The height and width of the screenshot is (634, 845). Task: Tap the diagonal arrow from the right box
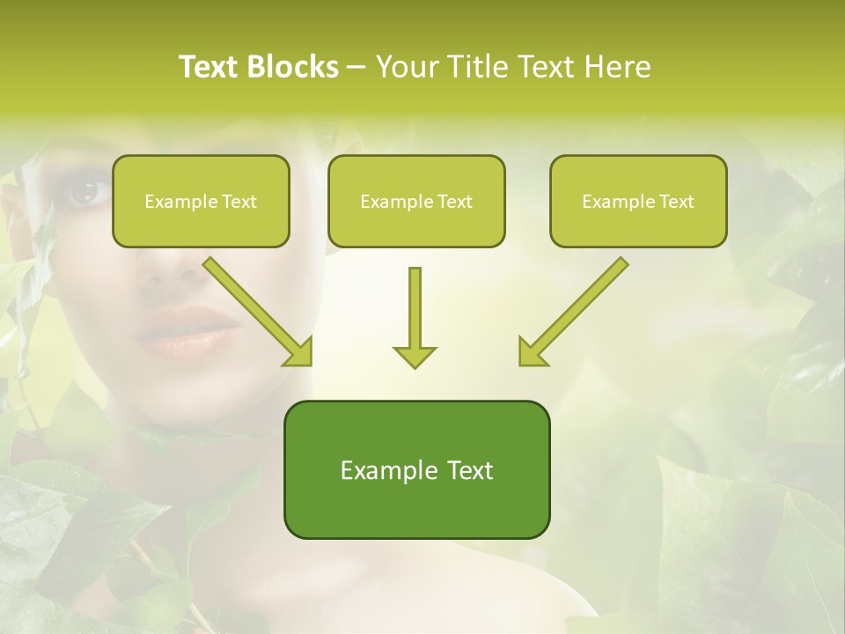pos(572,311)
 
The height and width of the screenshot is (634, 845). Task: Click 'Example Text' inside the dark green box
pos(416,470)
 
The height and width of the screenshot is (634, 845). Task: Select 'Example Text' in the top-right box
pos(638,202)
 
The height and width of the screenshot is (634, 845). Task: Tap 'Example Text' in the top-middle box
pos(416,202)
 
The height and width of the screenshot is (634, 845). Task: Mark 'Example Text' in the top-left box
pos(201,202)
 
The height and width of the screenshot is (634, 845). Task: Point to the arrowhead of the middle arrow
pos(415,356)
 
